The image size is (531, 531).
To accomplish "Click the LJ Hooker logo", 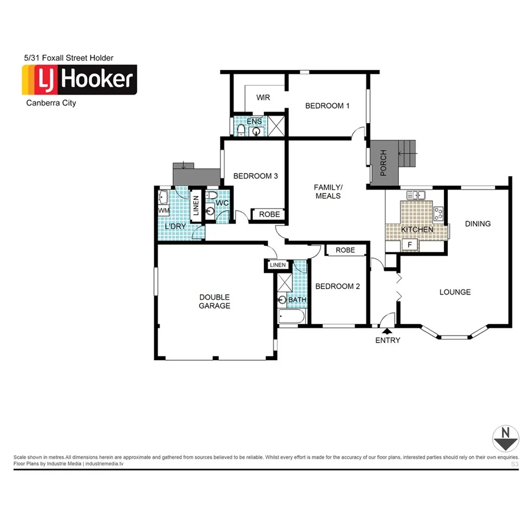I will [79, 80].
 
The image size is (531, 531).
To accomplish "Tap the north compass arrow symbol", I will [505, 438].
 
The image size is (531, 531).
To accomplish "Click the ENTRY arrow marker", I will [387, 330].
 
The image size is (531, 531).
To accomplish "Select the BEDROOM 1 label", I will [328, 105].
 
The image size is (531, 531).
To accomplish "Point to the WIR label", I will [263, 97].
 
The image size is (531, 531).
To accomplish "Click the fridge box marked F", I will [409, 245].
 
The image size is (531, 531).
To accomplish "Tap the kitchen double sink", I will [417, 195].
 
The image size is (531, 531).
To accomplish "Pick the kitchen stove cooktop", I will [439, 214].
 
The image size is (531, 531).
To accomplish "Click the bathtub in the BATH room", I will [292, 318].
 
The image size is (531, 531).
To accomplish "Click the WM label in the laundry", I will [164, 211].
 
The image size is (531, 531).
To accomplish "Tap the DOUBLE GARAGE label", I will [215, 301].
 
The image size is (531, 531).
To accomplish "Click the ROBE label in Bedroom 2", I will [345, 250].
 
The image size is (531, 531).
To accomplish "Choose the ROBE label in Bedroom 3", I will [269, 214].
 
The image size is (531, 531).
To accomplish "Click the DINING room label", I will [477, 224].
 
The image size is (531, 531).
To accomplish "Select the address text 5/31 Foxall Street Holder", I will [68, 58].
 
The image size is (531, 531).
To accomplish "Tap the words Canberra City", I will [51, 103].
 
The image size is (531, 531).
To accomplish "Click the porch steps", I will [407, 154].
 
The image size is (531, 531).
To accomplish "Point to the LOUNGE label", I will [455, 292].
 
